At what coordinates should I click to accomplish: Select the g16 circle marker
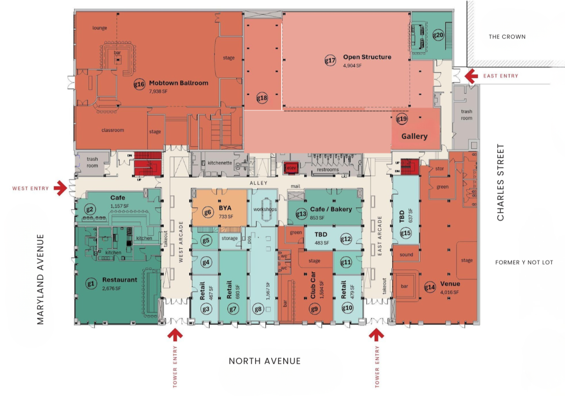(139, 85)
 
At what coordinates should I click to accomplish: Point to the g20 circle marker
(438, 35)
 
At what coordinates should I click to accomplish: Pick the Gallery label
(414, 136)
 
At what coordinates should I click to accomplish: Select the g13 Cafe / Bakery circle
(301, 214)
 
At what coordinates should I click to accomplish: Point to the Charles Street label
(501, 182)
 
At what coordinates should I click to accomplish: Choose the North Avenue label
(264, 361)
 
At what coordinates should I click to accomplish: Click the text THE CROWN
(507, 37)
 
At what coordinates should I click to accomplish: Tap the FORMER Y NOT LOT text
(524, 262)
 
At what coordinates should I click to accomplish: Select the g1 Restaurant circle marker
(91, 283)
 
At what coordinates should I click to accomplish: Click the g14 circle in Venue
(430, 287)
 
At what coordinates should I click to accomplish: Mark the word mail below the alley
(296, 186)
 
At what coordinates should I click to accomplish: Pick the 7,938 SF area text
(158, 91)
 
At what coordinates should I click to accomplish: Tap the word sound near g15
(406, 255)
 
